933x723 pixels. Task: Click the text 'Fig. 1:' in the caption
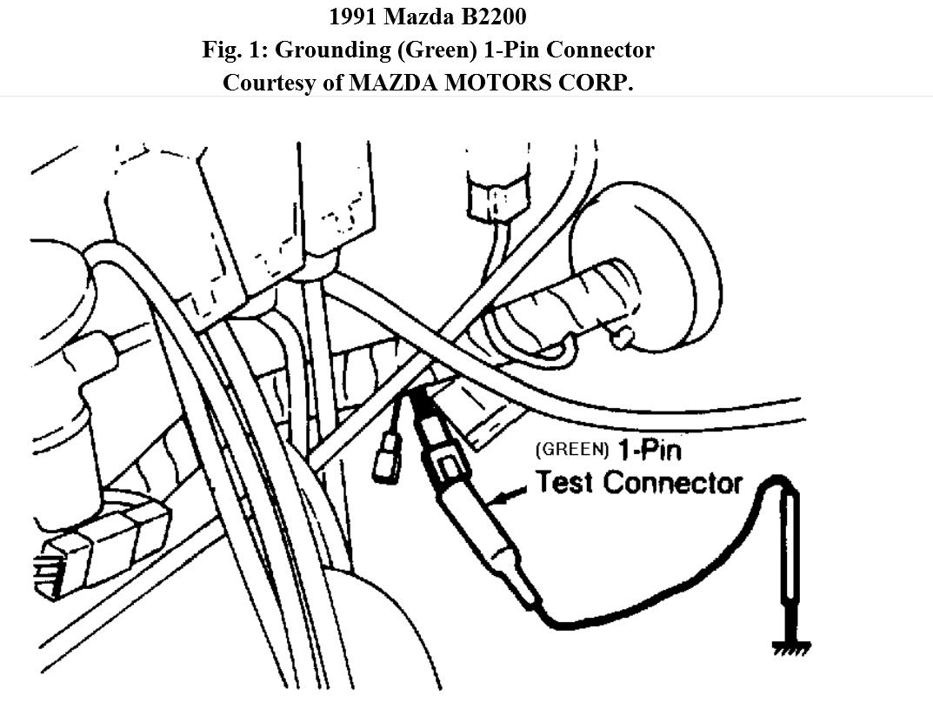click(x=235, y=50)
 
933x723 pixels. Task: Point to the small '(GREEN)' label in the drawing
click(x=573, y=451)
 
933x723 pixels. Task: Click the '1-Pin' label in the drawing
click(x=650, y=451)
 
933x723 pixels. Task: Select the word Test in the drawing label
click(x=565, y=483)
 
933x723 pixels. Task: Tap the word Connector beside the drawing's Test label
click(x=674, y=483)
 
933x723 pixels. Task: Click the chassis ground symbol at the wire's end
click(x=791, y=646)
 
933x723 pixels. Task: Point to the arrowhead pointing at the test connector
click(x=498, y=499)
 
